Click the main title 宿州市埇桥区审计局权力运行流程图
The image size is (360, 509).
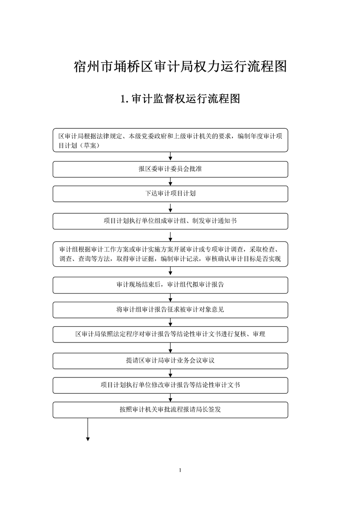click(180, 66)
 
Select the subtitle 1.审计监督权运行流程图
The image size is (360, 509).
click(180, 99)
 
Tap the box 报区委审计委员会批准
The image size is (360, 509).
click(170, 169)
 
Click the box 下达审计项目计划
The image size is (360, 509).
click(170, 194)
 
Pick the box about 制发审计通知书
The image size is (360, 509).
click(170, 221)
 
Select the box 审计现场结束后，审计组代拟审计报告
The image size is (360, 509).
click(170, 285)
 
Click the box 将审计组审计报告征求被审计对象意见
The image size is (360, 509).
click(170, 310)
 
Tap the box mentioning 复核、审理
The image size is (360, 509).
click(170, 334)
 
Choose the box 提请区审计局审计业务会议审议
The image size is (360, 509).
click(170, 361)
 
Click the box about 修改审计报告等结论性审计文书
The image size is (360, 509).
click(170, 385)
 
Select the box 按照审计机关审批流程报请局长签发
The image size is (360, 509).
click(170, 410)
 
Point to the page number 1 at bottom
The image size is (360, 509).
click(180, 470)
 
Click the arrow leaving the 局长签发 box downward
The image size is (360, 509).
click(88, 430)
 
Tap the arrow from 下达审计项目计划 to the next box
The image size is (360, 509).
click(171, 207)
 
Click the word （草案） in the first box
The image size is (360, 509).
click(89, 146)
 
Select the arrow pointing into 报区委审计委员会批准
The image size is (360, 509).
click(171, 157)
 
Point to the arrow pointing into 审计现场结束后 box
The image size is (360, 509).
click(171, 272)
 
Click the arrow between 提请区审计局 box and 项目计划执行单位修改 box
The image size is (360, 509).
click(171, 373)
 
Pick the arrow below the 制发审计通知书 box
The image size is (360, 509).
click(171, 235)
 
